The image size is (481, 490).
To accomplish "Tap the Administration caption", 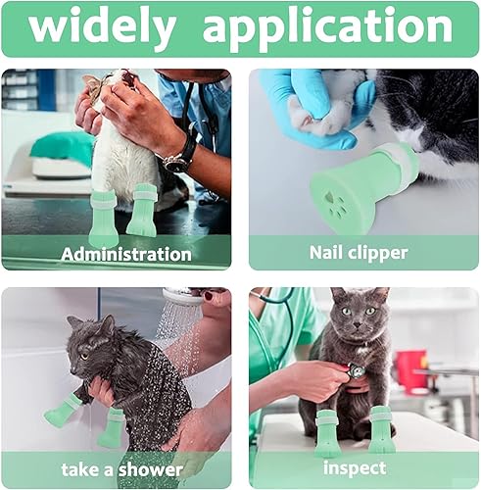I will [126, 254].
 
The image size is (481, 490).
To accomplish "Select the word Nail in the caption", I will [326, 253].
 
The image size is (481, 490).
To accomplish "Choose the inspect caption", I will [354, 469].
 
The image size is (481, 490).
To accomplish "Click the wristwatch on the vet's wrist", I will [179, 157].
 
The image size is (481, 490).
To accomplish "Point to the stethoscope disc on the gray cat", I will [359, 372].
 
